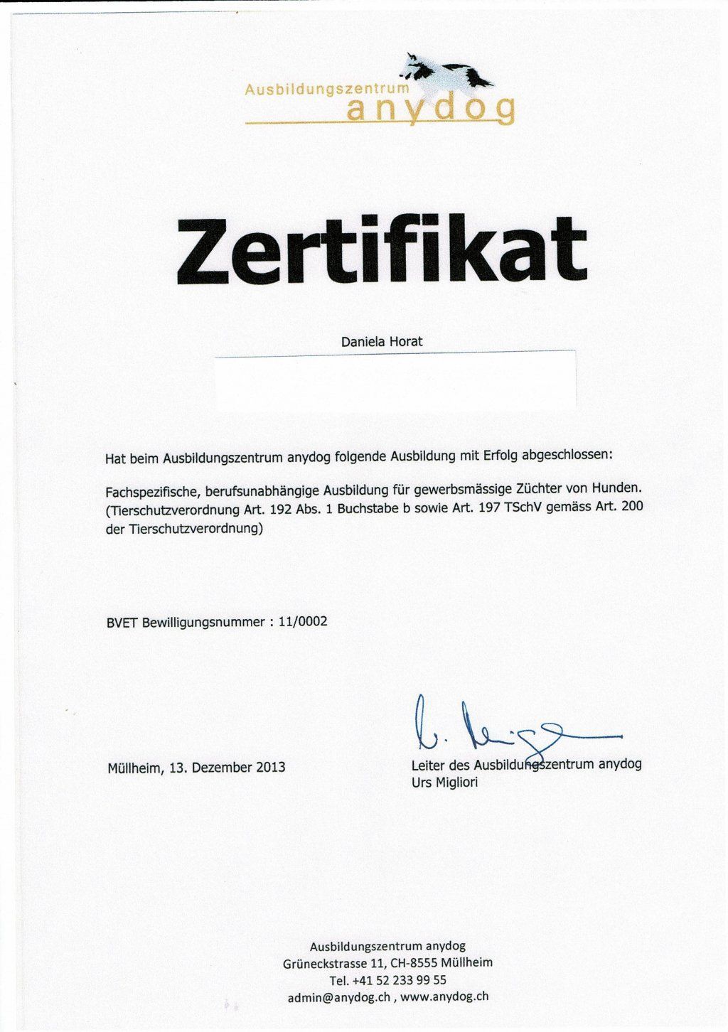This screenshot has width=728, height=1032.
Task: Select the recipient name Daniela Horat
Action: tap(382, 342)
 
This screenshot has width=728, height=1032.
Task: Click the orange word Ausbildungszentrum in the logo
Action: tap(327, 90)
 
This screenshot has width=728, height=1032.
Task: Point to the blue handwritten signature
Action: tap(498, 729)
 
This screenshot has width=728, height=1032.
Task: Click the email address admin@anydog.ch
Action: tap(339, 997)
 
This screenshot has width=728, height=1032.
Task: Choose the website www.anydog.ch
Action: tap(444, 996)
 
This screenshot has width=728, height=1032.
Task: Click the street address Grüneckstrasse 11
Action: tap(333, 964)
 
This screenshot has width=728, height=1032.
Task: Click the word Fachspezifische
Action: tap(150, 490)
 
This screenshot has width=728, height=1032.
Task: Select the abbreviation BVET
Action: tap(122, 623)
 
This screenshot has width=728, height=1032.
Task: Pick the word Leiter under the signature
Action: tap(427, 765)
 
